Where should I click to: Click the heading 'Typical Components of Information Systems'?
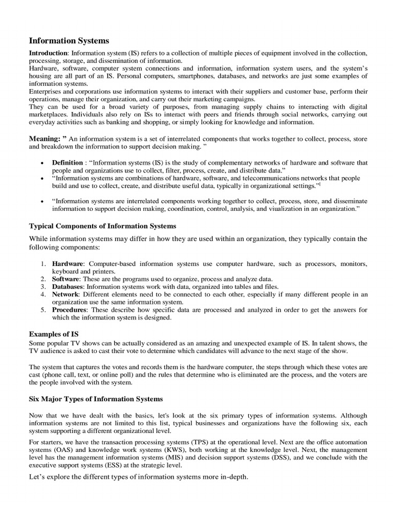tap(102, 226)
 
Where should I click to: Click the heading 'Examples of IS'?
tap(54, 334)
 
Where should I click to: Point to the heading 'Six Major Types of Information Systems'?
tap(96, 398)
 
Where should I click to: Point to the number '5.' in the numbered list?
tap(43, 310)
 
